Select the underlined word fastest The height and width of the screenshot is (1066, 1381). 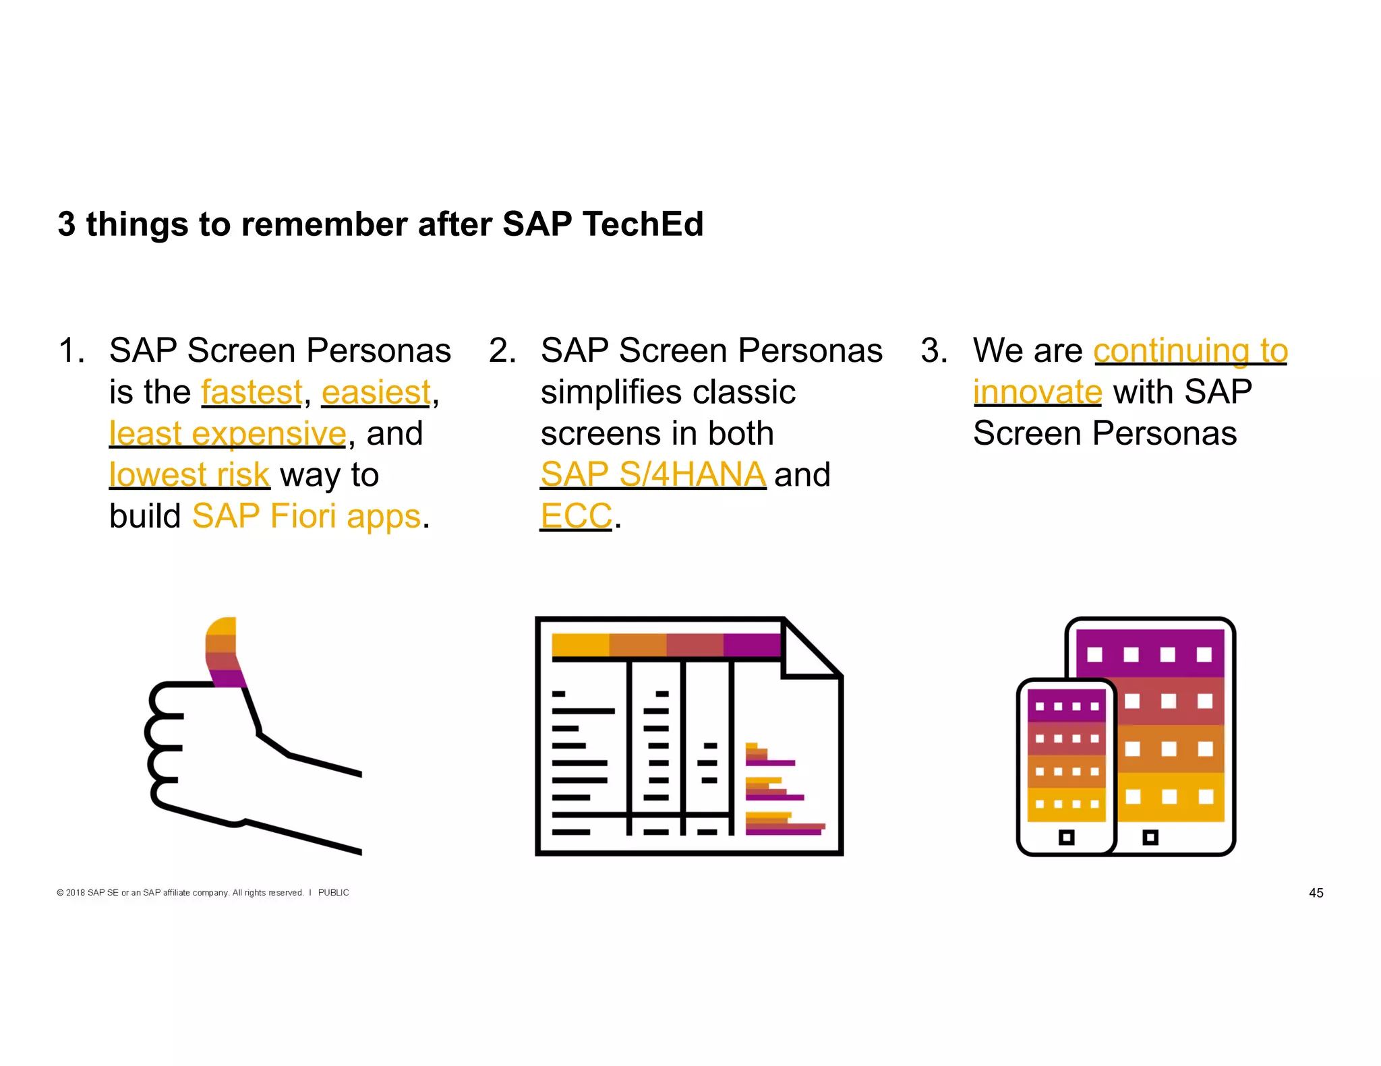pyautogui.click(x=252, y=392)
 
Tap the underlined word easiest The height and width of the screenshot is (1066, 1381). pyautogui.click(x=376, y=392)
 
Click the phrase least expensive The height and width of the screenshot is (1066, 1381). pyautogui.click(x=227, y=433)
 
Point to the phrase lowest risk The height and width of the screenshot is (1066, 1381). pyautogui.click(x=189, y=475)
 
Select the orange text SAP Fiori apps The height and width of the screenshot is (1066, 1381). pyautogui.click(x=306, y=516)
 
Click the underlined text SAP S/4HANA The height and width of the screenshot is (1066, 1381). pyautogui.click(x=653, y=474)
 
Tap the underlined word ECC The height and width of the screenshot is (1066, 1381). pyautogui.click(x=576, y=516)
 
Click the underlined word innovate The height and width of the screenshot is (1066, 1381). pyautogui.click(x=1037, y=392)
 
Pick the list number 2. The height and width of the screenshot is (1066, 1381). pyautogui.click(x=502, y=351)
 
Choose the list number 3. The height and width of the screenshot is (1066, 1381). pyautogui.click(x=933, y=351)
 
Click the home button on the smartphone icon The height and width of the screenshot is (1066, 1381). pyautogui.click(x=1066, y=838)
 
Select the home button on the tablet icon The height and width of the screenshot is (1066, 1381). pyautogui.click(x=1150, y=838)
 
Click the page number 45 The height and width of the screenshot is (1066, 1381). pyautogui.click(x=1316, y=893)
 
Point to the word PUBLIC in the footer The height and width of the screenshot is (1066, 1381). pyautogui.click(x=333, y=893)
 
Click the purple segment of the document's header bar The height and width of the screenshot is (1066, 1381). pyautogui.click(x=751, y=645)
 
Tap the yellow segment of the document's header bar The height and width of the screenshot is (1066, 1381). pyautogui.click(x=580, y=645)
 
